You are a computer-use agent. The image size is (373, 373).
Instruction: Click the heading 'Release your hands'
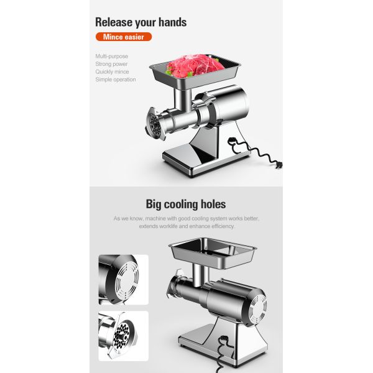(140, 22)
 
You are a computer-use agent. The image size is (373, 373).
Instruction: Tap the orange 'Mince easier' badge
(123, 37)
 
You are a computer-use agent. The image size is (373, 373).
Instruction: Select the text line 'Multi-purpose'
(112, 57)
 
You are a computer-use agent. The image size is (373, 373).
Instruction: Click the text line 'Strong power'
(112, 64)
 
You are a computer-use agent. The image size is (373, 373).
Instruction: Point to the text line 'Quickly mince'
(113, 71)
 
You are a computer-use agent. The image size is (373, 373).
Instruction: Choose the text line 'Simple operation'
(116, 80)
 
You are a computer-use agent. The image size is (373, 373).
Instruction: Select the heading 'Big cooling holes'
(186, 204)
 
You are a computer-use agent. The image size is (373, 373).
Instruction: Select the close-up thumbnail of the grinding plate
(123, 336)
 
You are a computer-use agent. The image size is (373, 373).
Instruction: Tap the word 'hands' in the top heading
(171, 22)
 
